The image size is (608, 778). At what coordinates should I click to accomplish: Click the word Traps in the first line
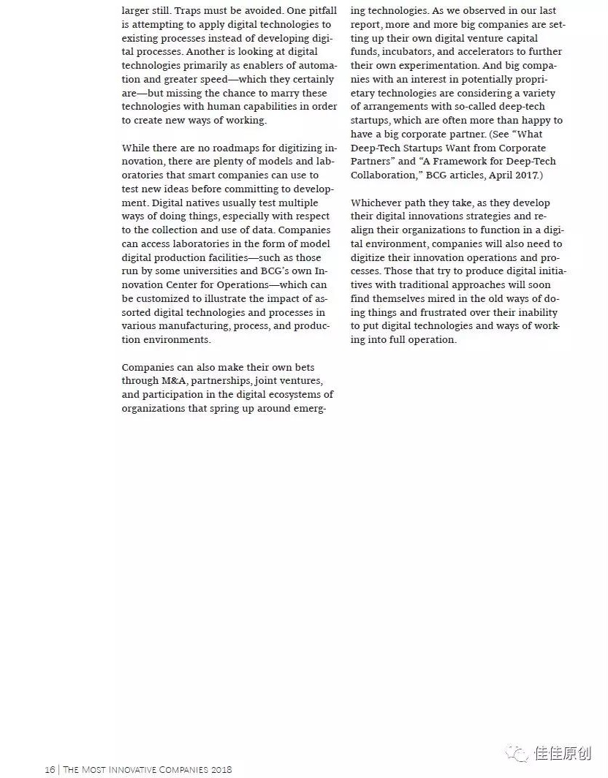(189, 11)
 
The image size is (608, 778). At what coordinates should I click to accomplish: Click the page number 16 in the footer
(50, 769)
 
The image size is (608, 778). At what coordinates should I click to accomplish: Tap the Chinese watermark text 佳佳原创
(563, 753)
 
